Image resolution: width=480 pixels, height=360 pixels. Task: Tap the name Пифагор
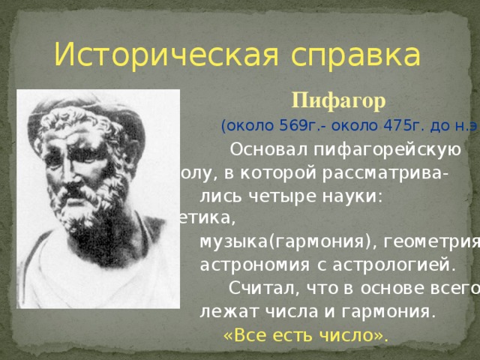tap(338, 100)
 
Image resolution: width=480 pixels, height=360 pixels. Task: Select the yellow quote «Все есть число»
tap(306, 334)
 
